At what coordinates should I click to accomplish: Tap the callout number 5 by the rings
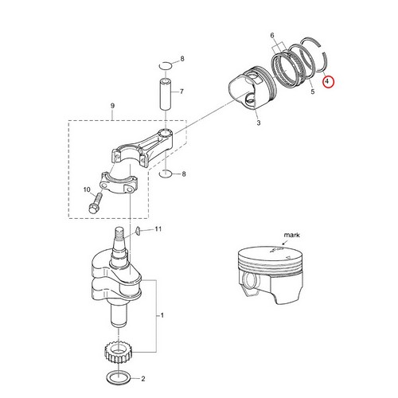312,93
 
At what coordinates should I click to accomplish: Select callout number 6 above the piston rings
272,36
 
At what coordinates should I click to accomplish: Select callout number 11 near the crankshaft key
158,229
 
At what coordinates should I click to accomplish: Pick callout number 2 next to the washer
142,379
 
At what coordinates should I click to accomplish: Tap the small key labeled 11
137,231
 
